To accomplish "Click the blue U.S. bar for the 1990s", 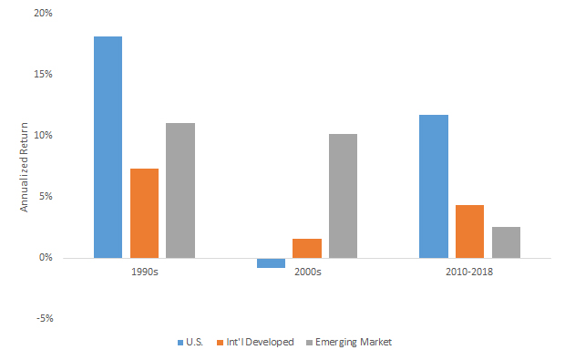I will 108,147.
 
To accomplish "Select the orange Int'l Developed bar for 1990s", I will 144,212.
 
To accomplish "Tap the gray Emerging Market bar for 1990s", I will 180,190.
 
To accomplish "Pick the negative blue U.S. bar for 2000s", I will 271,262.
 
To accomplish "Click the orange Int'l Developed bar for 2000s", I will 306,248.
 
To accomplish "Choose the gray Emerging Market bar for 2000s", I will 343,195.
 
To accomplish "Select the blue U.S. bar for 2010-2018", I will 433,186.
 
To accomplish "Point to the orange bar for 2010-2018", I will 469,231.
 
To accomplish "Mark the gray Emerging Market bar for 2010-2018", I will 506,242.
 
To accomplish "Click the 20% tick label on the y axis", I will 43,13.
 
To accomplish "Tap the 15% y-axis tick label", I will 43,74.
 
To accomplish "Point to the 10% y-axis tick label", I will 43,135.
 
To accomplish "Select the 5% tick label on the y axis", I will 46,196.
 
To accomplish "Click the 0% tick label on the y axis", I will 46,257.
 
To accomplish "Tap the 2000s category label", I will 306,273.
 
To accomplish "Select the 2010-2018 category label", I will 469,273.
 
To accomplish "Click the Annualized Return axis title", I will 25,166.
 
